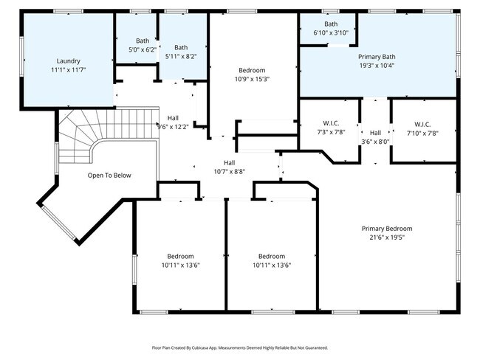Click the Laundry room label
68,60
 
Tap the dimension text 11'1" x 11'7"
68,70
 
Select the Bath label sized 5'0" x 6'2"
142,41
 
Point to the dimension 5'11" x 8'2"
180,57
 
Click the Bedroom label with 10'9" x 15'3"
252,70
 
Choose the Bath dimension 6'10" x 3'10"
330,33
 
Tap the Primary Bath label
377,56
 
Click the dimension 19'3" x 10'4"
377,66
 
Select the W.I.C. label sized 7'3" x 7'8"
330,123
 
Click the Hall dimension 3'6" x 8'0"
375,142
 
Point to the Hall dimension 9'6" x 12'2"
173,126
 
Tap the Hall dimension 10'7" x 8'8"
230,171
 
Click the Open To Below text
109,175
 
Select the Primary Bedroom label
387,228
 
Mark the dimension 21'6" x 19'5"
387,238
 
